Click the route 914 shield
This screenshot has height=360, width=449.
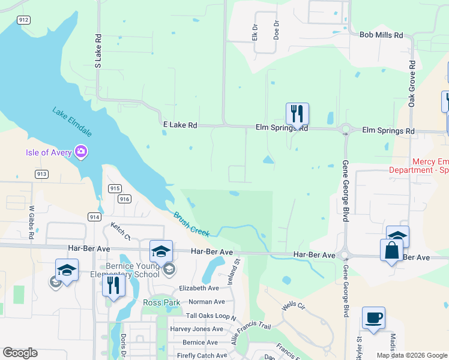click(94, 217)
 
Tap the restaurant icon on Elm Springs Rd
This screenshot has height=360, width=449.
click(297, 113)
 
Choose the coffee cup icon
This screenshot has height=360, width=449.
click(373, 318)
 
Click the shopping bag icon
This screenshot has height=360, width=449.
click(391, 250)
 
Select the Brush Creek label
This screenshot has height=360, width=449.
click(191, 223)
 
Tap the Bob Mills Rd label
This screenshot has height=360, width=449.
click(381, 35)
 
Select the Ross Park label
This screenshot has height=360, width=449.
click(157, 302)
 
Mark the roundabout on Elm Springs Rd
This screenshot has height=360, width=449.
click(346, 128)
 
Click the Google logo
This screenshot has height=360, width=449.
click(20, 353)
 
